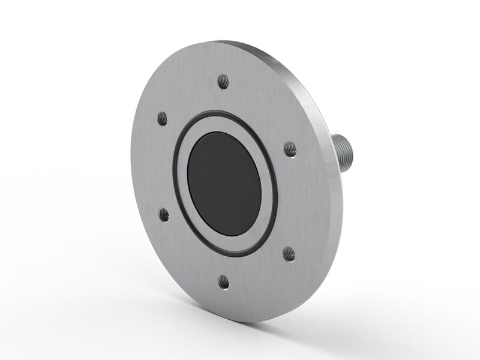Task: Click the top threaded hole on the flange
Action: click(223, 81)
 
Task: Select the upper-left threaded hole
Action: click(162, 118)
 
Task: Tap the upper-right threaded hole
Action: click(290, 149)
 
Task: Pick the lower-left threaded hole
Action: click(163, 214)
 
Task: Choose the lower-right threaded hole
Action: click(289, 254)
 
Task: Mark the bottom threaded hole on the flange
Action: click(224, 281)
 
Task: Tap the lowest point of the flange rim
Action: click(246, 322)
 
